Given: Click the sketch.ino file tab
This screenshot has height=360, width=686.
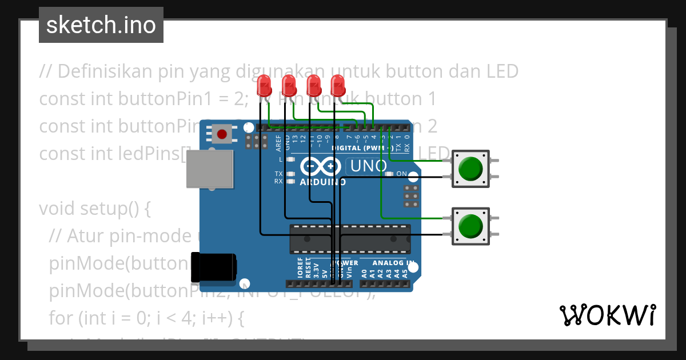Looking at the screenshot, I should tap(101, 25).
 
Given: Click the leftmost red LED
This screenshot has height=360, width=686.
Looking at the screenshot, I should tap(264, 86).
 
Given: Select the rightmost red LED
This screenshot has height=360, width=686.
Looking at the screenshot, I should tap(338, 86).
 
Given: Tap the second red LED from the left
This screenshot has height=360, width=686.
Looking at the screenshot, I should tap(289, 86).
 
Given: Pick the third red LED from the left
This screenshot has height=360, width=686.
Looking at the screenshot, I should tap(313, 86).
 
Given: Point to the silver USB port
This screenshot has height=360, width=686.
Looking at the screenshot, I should tap(210, 169).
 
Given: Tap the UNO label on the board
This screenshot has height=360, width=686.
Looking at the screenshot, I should tap(368, 167).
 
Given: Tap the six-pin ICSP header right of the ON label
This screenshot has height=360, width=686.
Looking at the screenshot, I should tap(410, 196).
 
